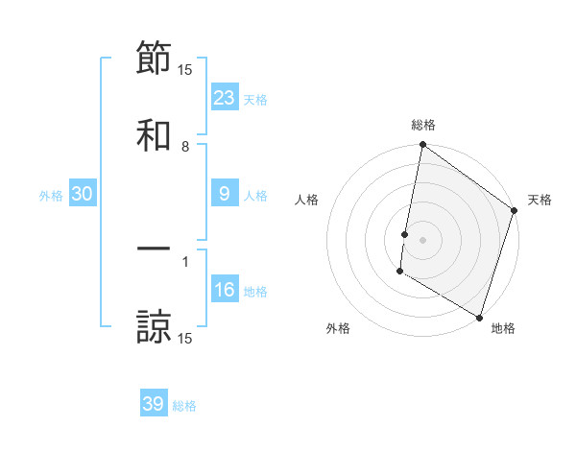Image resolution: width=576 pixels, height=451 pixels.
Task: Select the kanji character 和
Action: [154, 135]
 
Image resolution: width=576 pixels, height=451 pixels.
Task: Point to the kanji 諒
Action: [154, 326]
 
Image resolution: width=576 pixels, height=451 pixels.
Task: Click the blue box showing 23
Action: [225, 97]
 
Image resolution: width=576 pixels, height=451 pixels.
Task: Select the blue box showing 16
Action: [225, 290]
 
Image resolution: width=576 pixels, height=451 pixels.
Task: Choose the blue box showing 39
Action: [154, 404]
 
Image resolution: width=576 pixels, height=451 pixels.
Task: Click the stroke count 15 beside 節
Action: [185, 69]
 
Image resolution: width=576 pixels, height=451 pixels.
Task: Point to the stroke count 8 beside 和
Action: [185, 147]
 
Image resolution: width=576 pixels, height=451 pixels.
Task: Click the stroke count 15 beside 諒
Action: [185, 339]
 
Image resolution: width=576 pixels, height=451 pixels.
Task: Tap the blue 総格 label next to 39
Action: [184, 406]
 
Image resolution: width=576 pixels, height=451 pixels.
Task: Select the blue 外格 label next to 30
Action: [51, 196]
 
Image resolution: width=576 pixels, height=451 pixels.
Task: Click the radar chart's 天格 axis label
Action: [540, 201]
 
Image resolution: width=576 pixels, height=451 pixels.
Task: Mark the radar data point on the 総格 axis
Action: [422, 146]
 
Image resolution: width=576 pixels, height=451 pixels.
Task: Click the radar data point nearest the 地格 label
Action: [479, 317]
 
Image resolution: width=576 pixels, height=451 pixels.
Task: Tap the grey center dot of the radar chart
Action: [422, 239]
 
